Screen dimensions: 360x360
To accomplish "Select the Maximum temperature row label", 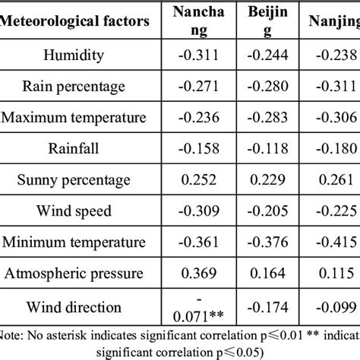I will [74, 117].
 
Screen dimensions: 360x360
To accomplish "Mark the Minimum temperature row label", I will [74, 243].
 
